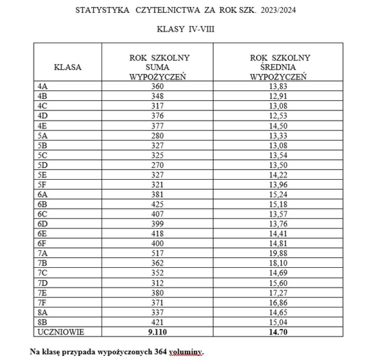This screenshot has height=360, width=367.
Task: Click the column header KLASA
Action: point(68,66)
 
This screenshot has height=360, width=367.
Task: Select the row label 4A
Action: point(42,86)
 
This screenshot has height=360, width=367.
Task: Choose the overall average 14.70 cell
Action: point(280,332)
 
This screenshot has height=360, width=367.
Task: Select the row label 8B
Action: point(42,322)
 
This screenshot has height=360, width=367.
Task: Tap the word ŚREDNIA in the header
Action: point(280,67)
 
